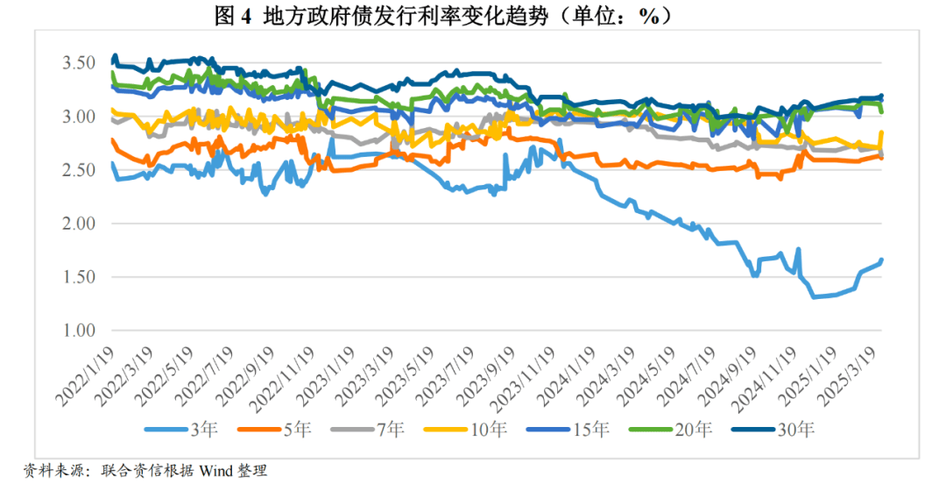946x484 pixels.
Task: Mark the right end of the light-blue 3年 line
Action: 881,260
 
